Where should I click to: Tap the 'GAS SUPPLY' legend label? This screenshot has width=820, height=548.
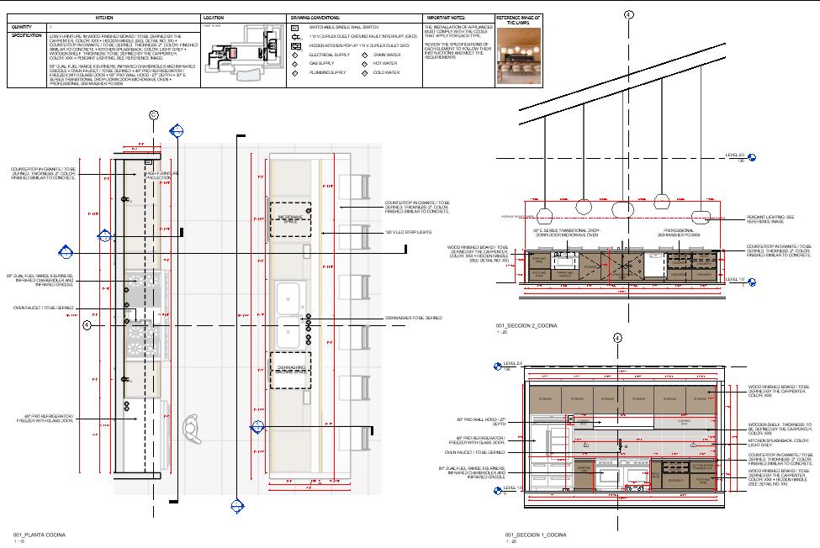pyautogui.click(x=320, y=63)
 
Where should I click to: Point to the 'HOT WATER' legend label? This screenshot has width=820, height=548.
pyautogui.click(x=384, y=63)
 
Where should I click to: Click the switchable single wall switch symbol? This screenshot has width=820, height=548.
pyautogui.click(x=295, y=28)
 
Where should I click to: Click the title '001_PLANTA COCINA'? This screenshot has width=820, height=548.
pyautogui.click(x=38, y=535)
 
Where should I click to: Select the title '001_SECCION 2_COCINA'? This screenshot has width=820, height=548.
pyautogui.click(x=532, y=324)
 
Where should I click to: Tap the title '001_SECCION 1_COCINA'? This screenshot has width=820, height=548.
pyautogui.click(x=532, y=535)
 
